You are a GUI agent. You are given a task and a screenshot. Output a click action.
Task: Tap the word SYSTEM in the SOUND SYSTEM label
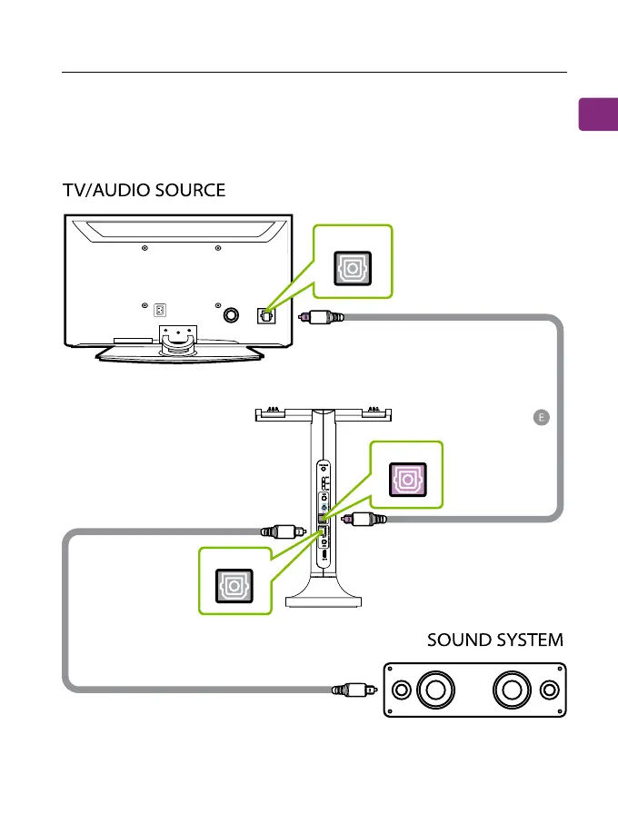(x=532, y=640)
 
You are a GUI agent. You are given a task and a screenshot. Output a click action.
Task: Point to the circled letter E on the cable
(x=541, y=417)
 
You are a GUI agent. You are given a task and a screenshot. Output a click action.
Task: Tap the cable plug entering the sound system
(x=352, y=690)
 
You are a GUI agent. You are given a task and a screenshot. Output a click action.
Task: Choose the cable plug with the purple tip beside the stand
(x=364, y=520)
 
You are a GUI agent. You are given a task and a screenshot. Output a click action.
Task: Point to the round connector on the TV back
(x=232, y=313)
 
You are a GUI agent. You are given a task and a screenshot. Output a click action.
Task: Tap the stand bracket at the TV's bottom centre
(x=179, y=337)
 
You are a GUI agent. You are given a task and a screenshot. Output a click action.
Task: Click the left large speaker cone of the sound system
(x=434, y=690)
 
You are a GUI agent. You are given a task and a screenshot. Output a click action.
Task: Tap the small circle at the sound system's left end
(x=399, y=690)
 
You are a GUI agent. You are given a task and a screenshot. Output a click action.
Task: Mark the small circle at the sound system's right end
(x=548, y=690)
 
